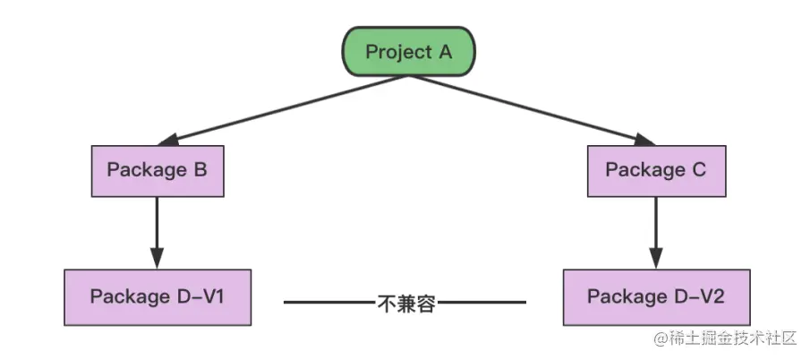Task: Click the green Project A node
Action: tap(409, 51)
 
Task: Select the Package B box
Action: tap(158, 170)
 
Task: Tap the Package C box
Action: tap(656, 170)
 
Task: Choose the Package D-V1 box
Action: tap(158, 296)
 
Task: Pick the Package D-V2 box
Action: tap(656, 296)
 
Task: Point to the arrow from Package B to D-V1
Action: tap(158, 228)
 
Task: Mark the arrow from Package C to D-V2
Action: tap(656, 228)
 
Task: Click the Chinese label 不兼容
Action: tap(405, 303)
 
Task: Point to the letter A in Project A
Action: tap(445, 51)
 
